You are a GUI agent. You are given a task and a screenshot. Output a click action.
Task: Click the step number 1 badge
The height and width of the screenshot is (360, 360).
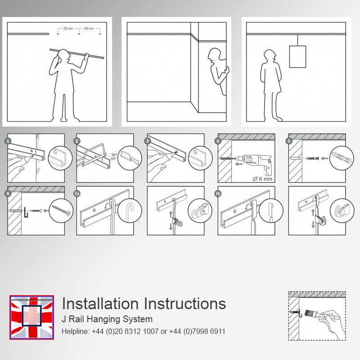click(8, 141)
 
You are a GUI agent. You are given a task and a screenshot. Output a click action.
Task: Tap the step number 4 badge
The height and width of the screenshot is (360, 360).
click(218, 141)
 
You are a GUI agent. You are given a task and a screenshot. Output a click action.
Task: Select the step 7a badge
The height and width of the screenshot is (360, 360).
click(77, 194)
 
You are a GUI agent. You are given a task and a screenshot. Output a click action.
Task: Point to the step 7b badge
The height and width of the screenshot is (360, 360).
click(218, 194)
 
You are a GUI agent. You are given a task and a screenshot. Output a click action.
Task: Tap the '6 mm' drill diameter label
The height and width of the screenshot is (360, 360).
click(262, 179)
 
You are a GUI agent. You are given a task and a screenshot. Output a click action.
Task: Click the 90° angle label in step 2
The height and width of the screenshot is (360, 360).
click(114, 155)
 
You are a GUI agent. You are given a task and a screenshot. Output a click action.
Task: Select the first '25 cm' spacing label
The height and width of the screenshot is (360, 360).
click(68, 28)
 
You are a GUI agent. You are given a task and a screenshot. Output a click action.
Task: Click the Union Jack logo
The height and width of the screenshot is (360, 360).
click(32, 317)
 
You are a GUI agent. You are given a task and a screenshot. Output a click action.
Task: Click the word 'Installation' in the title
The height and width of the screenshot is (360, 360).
click(100, 304)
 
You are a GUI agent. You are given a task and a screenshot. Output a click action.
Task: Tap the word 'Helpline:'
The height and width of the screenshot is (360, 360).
click(75, 331)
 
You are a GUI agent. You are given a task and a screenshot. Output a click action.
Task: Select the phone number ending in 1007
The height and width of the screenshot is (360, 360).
click(125, 331)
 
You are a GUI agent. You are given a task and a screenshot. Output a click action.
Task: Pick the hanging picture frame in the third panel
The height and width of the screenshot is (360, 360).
click(297, 57)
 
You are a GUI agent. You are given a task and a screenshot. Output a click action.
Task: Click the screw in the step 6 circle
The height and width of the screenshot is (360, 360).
click(61, 211)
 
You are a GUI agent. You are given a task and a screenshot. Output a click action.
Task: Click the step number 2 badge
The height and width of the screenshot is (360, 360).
click(77, 141)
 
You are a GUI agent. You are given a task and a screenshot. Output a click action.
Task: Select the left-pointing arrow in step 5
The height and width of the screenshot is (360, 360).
click(324, 158)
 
